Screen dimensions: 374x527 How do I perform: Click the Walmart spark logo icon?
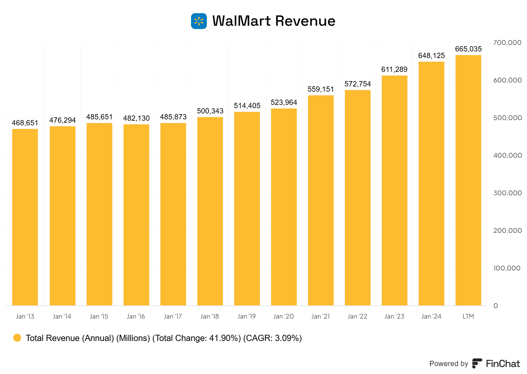coord(199,21)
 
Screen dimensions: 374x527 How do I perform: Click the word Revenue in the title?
coord(305,21)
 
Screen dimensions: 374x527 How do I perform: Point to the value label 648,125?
coord(431,56)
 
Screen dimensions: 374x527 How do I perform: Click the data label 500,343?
coord(210,111)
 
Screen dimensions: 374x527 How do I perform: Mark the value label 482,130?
coord(136,118)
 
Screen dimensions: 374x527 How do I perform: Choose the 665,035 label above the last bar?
coord(468,49)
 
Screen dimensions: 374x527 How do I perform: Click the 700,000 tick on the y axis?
coord(507,43)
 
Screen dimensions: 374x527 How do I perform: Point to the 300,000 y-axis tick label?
coord(507,193)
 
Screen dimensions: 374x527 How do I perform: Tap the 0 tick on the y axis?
coord(496,306)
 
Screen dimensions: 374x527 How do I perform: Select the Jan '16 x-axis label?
coord(136,316)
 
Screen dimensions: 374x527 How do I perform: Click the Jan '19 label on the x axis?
coord(247,316)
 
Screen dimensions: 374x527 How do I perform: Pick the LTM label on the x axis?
coord(468,316)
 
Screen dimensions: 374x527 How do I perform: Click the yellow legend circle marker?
coord(17,338)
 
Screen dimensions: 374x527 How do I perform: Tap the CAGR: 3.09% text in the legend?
coord(272,338)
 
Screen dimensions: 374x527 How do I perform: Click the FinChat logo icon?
coord(477,363)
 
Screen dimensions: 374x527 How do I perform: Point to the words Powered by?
coord(449,363)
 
